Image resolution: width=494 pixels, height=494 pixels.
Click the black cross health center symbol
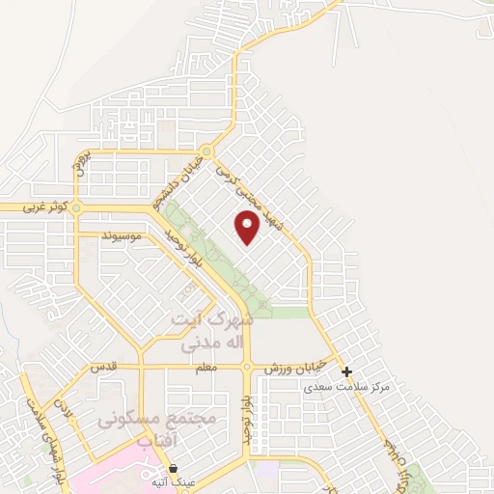(347, 371)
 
